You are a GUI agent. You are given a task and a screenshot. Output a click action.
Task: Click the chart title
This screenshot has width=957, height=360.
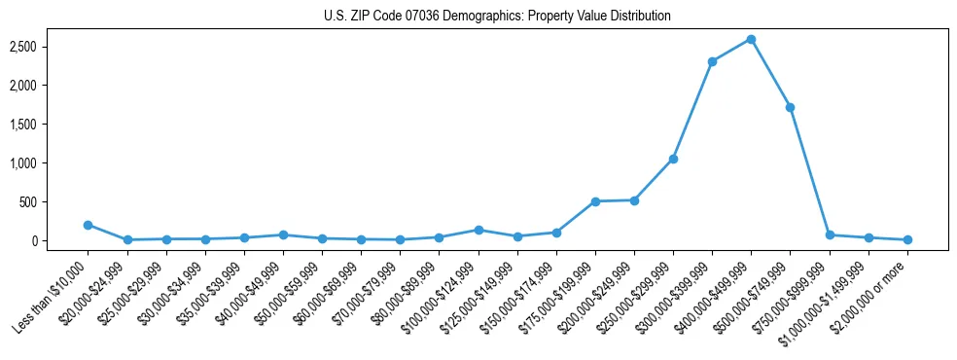(x=497, y=17)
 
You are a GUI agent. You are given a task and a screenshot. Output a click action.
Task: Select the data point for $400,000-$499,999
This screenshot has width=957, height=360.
(x=751, y=39)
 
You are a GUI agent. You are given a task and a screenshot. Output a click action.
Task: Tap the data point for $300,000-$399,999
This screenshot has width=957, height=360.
(x=712, y=61)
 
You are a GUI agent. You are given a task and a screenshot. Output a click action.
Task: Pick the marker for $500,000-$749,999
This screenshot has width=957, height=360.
(x=790, y=107)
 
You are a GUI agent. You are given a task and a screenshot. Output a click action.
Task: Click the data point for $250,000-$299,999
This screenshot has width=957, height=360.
(x=673, y=159)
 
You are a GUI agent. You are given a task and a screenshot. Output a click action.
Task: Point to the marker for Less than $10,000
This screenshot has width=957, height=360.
(x=88, y=225)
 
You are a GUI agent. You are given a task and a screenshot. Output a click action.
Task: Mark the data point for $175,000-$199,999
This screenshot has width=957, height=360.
(x=595, y=201)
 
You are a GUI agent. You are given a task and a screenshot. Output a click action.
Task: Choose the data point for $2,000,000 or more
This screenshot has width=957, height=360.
(x=907, y=239)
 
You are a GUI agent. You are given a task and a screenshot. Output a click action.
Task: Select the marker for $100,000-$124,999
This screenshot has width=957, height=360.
(x=478, y=230)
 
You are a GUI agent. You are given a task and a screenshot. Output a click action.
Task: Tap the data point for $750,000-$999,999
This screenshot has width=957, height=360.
(x=830, y=234)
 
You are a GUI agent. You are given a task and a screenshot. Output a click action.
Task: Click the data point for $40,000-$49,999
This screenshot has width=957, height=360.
(x=283, y=234)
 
